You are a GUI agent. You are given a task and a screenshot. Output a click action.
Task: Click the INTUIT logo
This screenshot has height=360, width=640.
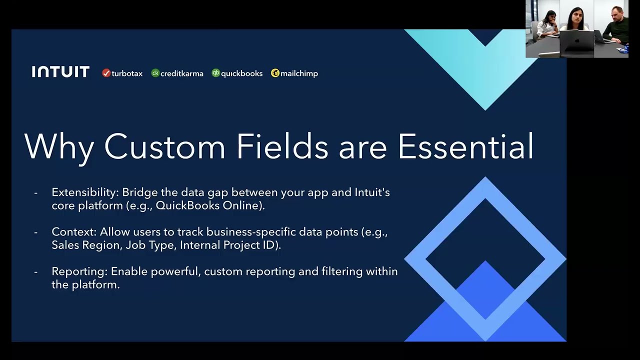(60, 72)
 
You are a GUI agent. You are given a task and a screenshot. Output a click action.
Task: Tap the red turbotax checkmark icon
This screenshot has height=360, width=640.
(106, 73)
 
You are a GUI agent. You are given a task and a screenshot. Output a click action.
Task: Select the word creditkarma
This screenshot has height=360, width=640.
(181, 73)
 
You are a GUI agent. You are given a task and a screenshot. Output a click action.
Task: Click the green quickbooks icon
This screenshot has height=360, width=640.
(215, 73)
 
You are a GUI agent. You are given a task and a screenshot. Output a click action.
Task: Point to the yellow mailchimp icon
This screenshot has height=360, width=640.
(275, 73)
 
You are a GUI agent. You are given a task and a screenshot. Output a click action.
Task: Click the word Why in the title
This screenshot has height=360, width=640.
(59, 146)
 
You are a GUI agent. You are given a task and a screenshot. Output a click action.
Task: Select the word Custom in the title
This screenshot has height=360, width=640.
(164, 146)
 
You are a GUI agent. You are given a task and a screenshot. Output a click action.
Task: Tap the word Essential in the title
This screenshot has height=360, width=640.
(465, 146)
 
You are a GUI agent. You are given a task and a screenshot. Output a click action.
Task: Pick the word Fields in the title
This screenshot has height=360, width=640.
(282, 146)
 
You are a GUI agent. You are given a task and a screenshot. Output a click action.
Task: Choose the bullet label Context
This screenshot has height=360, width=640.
(73, 232)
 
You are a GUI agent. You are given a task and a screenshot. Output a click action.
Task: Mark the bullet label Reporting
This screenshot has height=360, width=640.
(79, 271)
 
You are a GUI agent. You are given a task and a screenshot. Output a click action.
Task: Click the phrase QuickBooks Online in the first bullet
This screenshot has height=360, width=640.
(209, 205)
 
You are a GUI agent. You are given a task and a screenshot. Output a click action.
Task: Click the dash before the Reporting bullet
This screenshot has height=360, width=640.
(35, 272)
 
